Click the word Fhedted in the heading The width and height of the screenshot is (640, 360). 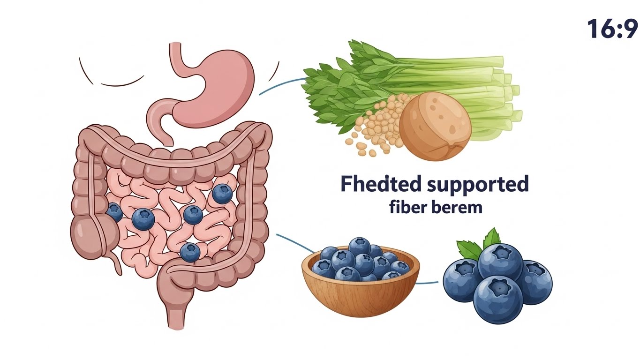pos(381,184)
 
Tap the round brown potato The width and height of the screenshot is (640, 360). pos(435,127)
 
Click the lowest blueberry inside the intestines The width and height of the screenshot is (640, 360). pos(190,252)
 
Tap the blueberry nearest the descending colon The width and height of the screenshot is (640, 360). pos(222,194)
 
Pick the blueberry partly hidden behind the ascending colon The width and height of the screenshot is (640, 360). pos(114,213)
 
